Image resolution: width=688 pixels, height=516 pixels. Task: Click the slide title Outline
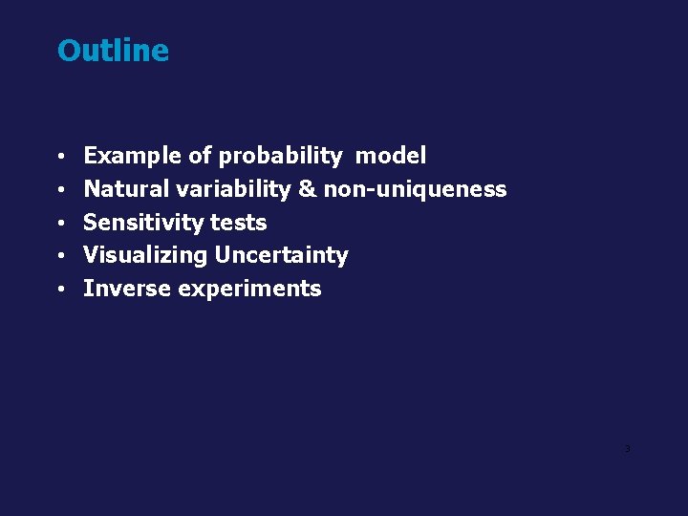click(x=113, y=51)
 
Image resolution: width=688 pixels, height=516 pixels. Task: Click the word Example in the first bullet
click(x=130, y=156)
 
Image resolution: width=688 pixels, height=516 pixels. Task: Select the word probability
click(x=280, y=156)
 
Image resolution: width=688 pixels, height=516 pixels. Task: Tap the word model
click(x=391, y=156)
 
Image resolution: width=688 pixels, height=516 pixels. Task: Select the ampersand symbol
click(x=307, y=189)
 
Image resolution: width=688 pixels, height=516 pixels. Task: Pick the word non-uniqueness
click(x=415, y=189)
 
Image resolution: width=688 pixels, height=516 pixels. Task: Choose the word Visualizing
click(x=145, y=255)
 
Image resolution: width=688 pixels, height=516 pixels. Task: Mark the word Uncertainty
click(x=281, y=255)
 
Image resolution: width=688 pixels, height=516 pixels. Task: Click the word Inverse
click(x=124, y=289)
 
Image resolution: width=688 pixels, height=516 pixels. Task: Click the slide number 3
click(x=627, y=448)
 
